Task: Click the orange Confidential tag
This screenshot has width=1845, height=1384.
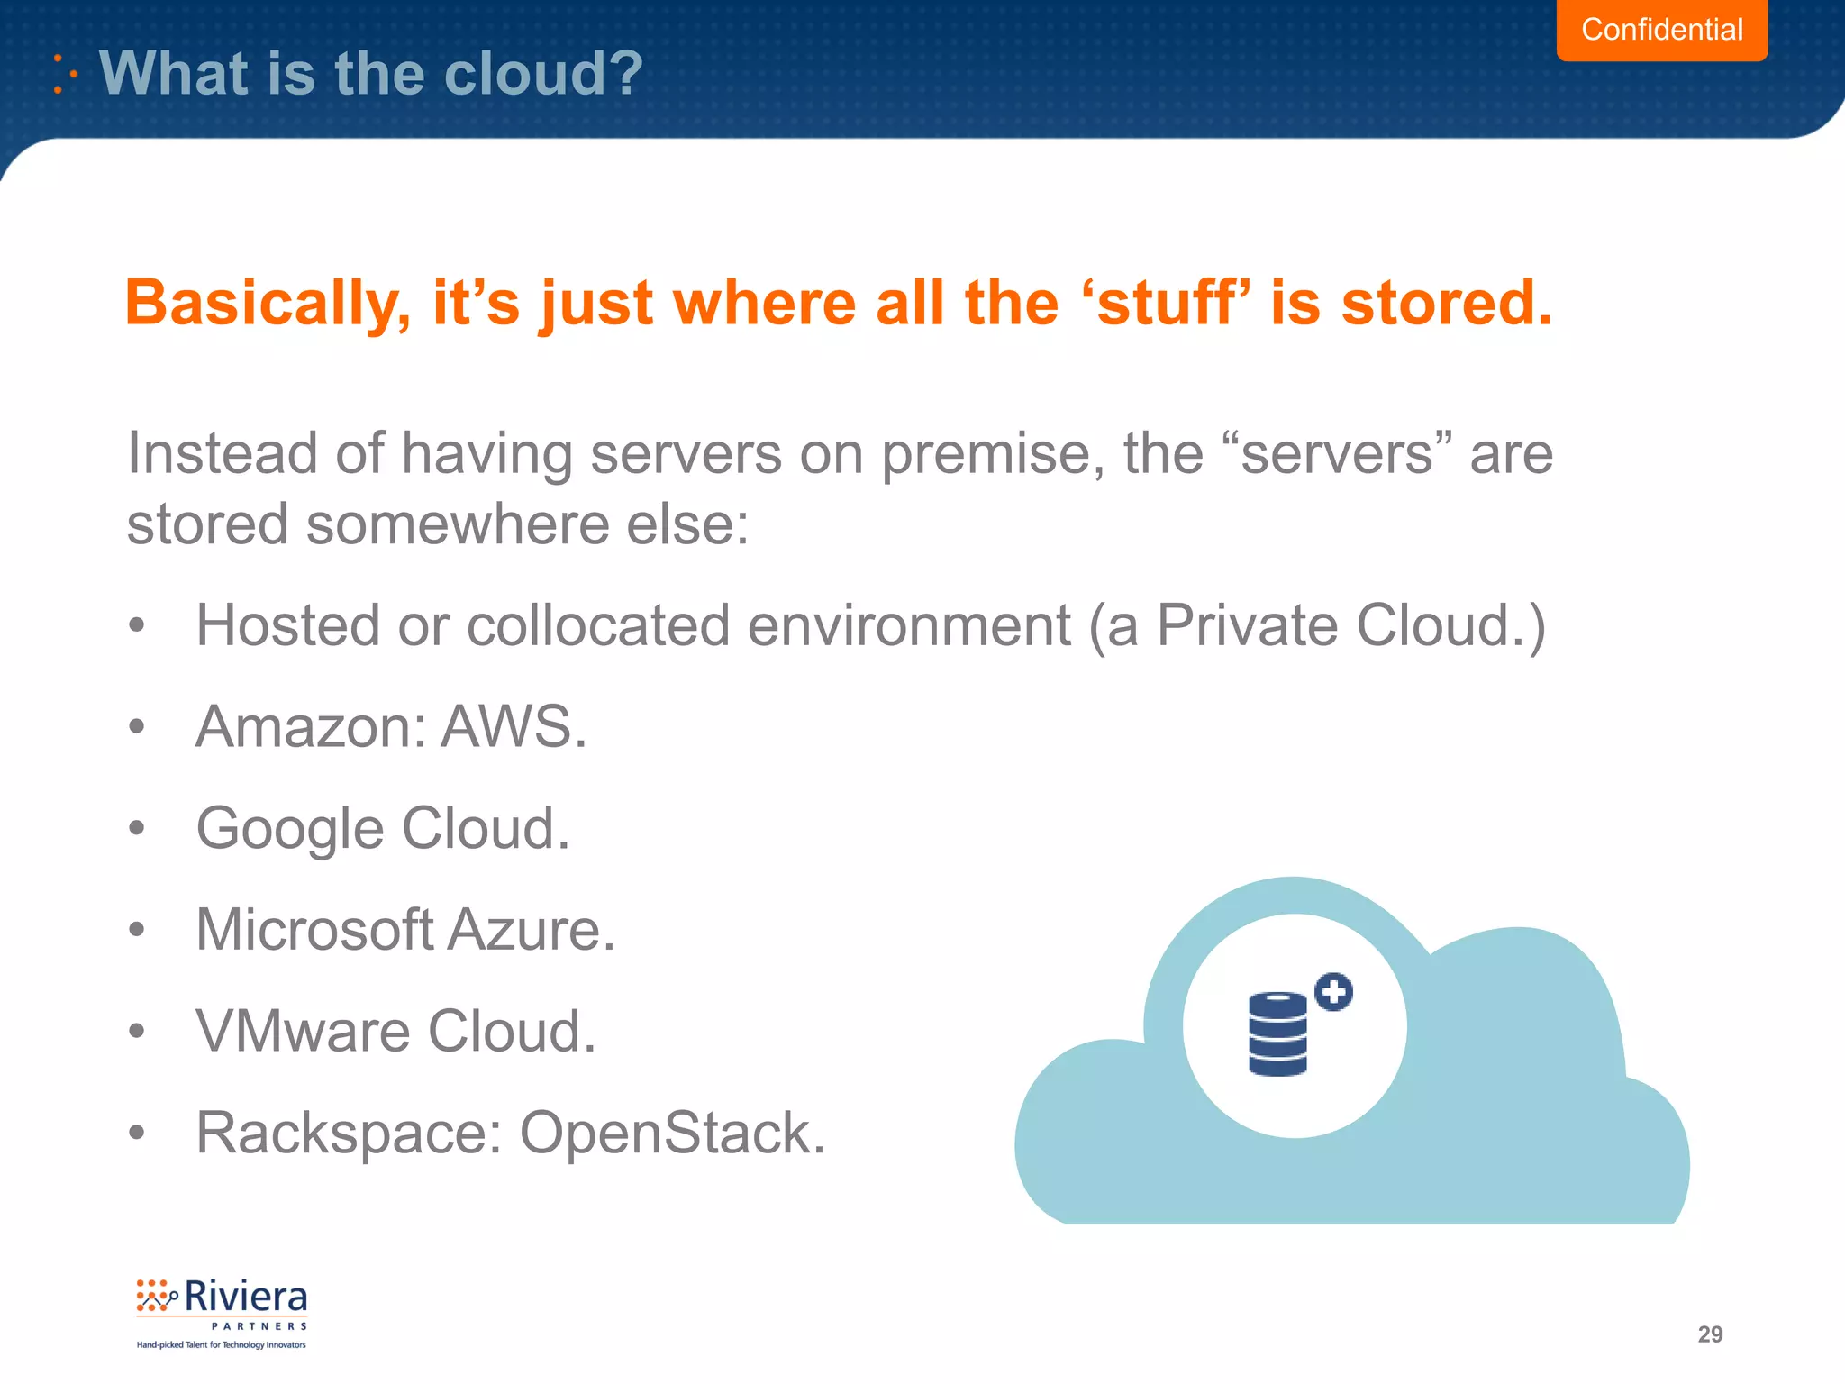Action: coord(1661,30)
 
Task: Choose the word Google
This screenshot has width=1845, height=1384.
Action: coord(290,829)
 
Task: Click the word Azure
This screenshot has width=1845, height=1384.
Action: coord(532,930)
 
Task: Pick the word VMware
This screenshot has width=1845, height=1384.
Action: coord(302,1031)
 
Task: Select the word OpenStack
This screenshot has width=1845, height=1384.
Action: coord(672,1133)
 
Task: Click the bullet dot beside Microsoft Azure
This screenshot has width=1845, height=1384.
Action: coord(136,929)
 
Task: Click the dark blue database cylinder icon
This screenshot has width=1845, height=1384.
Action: coord(1277,1033)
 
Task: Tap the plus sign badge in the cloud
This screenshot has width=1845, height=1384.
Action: coord(1333,992)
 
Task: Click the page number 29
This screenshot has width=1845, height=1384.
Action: coord(1709,1334)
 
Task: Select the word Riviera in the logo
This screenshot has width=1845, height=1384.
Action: coord(245,1297)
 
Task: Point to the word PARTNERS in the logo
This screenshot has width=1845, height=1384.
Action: coord(259,1326)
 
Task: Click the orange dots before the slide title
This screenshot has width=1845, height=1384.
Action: coord(64,74)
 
